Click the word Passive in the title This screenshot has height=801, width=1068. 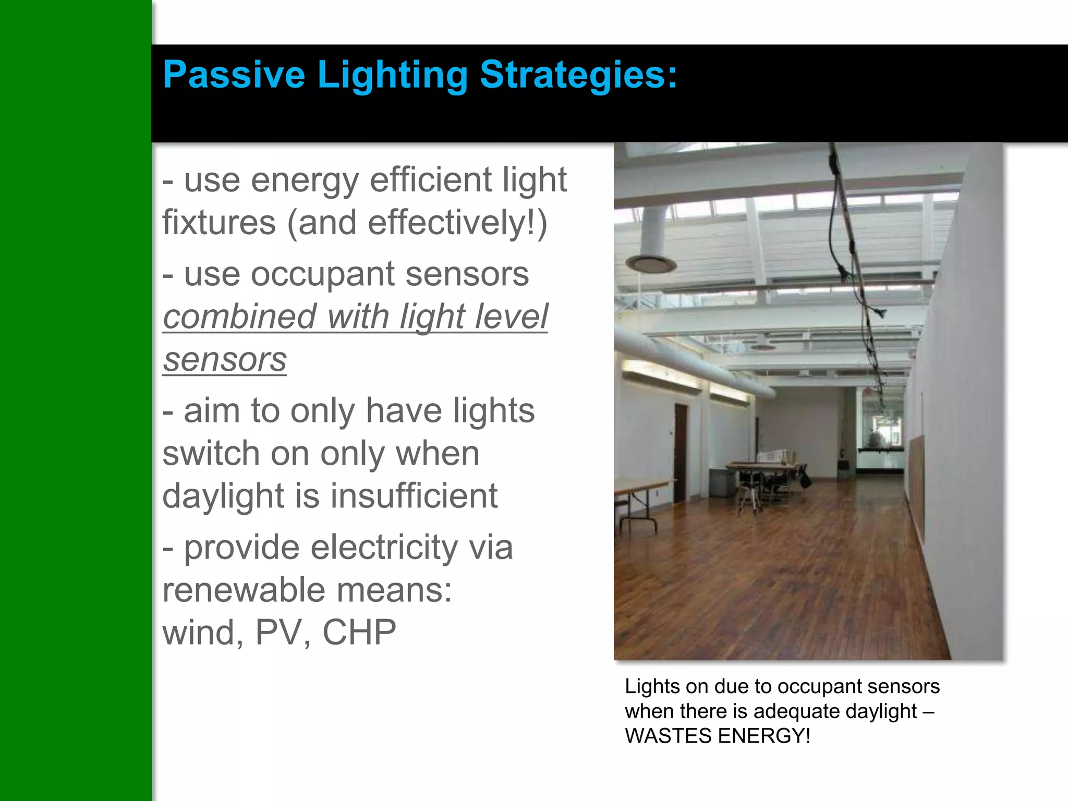click(x=234, y=75)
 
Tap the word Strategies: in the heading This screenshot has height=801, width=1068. click(x=578, y=75)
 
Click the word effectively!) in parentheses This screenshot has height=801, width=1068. click(x=457, y=223)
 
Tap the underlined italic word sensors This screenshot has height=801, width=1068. click(x=224, y=360)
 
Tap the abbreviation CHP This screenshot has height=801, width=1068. click(x=359, y=633)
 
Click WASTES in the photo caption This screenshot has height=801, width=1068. click(x=668, y=736)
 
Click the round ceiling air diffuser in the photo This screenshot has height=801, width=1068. click(x=651, y=263)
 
